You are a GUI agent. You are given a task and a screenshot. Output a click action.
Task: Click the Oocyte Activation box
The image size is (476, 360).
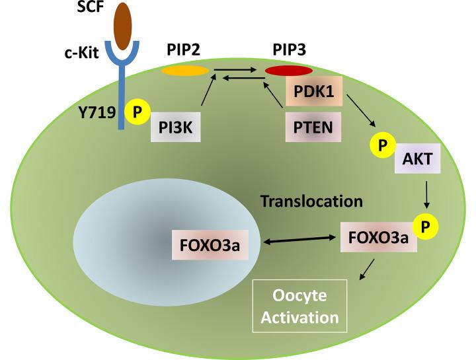pyautogui.click(x=299, y=305)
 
